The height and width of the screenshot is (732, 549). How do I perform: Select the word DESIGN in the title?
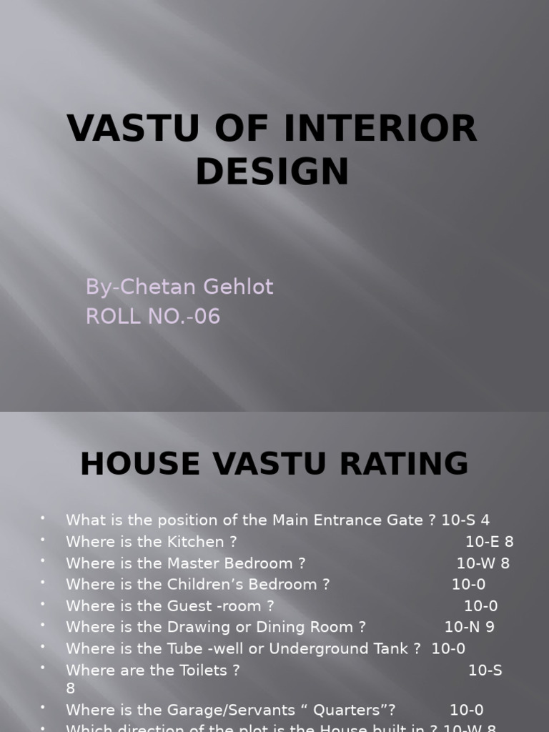coord(272,172)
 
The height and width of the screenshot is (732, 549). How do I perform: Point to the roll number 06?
coord(207,315)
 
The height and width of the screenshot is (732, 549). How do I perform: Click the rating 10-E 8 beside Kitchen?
coord(490,542)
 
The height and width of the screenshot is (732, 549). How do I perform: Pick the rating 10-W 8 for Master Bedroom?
coord(483,563)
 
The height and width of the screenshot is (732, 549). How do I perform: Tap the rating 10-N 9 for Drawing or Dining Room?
coord(470,627)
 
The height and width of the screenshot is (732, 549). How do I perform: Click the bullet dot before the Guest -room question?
coord(43,604)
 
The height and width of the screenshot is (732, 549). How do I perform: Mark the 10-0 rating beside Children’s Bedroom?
coord(469,584)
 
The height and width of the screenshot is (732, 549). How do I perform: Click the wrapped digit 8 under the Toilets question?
coord(70,688)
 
